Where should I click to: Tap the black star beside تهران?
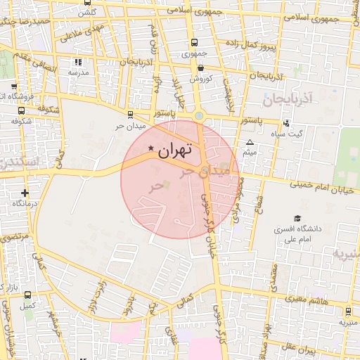coord(151,148)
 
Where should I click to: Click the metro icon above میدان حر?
coord(130,114)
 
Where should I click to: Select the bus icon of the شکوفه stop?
coord(21,110)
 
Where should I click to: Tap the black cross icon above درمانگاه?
coord(25,192)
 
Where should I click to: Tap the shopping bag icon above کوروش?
coord(201,68)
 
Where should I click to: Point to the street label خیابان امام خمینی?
coord(327,188)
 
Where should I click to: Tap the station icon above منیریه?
coord(348,311)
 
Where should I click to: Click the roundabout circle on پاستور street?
coord(200,116)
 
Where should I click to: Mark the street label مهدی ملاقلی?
coord(86,33)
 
